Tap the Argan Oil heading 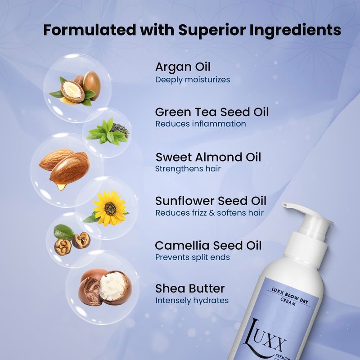click(x=183, y=67)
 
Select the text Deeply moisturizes click(x=193, y=80)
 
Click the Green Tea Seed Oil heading click(x=211, y=112)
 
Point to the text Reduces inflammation click(x=201, y=124)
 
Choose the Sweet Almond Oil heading click(x=208, y=157)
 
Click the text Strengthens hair click(x=188, y=169)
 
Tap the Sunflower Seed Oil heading click(x=211, y=201)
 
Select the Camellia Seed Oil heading click(x=208, y=245)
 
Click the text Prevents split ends click(x=193, y=257)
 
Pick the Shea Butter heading click(x=190, y=288)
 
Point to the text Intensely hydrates click(x=192, y=301)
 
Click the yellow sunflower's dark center click(x=110, y=209)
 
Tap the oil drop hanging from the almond click(x=61, y=187)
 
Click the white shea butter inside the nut click(x=112, y=286)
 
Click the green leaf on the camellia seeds click(x=64, y=232)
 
